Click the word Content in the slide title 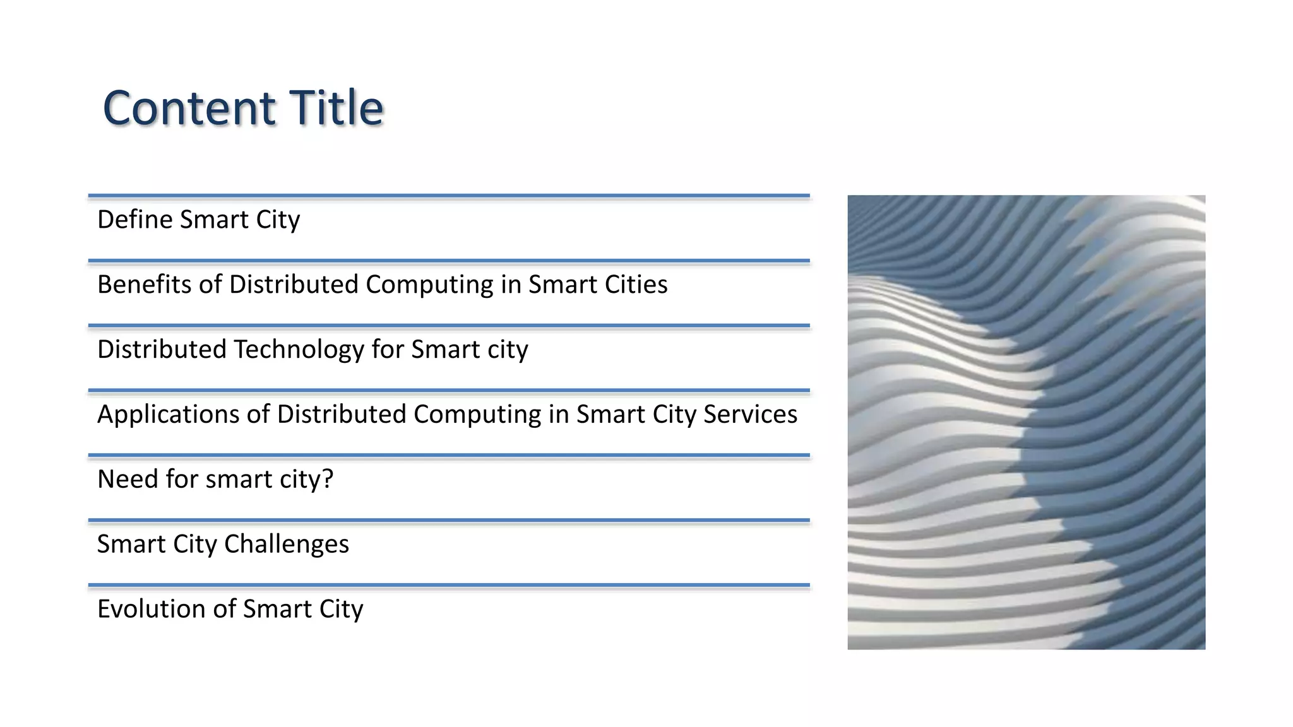[189, 108]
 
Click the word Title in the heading [336, 108]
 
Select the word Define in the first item [134, 220]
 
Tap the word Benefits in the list [144, 285]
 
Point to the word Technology [299, 350]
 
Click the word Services [750, 415]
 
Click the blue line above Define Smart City [448, 196]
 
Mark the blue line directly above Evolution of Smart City [448, 586]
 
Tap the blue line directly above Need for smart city [448, 455]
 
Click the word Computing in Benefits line [429, 285]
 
